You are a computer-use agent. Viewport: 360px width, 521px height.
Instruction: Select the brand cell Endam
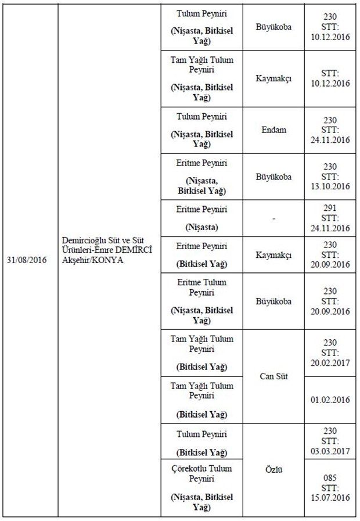point(273,130)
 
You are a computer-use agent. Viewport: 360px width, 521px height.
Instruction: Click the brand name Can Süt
point(273,376)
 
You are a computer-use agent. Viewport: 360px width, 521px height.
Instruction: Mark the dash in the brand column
point(273,218)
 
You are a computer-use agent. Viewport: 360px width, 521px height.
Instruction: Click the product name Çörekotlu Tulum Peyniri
point(201,474)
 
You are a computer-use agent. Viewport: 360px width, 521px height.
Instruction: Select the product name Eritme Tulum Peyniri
point(201,287)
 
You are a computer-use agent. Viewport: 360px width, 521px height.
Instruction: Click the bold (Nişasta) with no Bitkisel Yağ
point(201,227)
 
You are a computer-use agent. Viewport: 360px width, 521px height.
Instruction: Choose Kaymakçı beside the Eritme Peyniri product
point(273,256)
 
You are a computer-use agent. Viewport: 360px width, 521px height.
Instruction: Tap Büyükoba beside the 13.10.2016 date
point(273,177)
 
